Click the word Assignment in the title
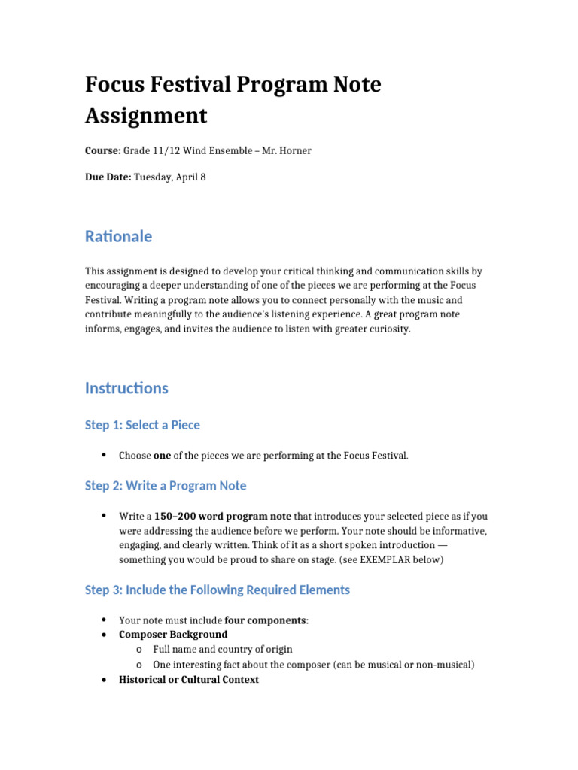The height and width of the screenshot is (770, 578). pos(145,116)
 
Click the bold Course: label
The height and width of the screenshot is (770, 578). pos(102,151)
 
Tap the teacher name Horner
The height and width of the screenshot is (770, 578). pos(296,151)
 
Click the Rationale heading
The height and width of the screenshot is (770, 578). pos(118,236)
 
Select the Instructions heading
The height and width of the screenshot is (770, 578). pos(126,388)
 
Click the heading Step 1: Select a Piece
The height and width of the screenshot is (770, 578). pos(142,425)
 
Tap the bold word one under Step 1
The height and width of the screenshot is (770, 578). pos(162,456)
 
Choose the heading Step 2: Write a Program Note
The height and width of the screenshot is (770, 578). pos(166,486)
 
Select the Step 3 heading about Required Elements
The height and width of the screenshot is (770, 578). pos(218,590)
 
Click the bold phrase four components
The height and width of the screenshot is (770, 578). pos(265,620)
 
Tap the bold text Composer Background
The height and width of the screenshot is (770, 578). pos(173,635)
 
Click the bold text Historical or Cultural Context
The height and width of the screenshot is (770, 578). pos(189,680)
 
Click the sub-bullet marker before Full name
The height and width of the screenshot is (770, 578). pos(140,650)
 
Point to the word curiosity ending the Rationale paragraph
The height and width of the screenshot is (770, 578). pos(389,329)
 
